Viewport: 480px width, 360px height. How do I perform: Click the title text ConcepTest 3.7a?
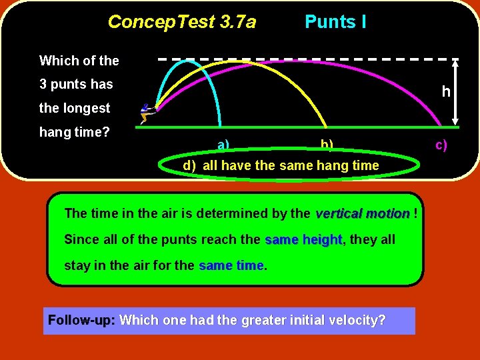pyautogui.click(x=181, y=22)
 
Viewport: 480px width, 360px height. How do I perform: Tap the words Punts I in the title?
pyautogui.click(x=335, y=22)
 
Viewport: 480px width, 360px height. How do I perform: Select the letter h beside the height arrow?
pyautogui.click(x=446, y=91)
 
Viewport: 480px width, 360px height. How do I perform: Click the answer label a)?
pyautogui.click(x=223, y=145)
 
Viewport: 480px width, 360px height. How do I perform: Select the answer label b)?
pyautogui.click(x=327, y=145)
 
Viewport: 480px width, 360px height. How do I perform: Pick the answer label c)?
pyautogui.click(x=441, y=145)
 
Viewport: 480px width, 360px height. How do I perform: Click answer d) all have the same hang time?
pyautogui.click(x=281, y=165)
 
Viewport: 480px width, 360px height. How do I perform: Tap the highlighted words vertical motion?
pyautogui.click(x=362, y=214)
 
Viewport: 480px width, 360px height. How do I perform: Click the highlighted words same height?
pyautogui.click(x=303, y=239)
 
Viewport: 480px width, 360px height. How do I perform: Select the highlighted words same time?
pyautogui.click(x=231, y=265)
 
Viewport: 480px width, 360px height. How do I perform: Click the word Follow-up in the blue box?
pyautogui.click(x=81, y=320)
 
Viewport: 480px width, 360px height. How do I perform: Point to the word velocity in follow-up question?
pyautogui.click(x=358, y=320)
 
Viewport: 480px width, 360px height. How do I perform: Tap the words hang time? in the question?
pyautogui.click(x=75, y=132)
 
